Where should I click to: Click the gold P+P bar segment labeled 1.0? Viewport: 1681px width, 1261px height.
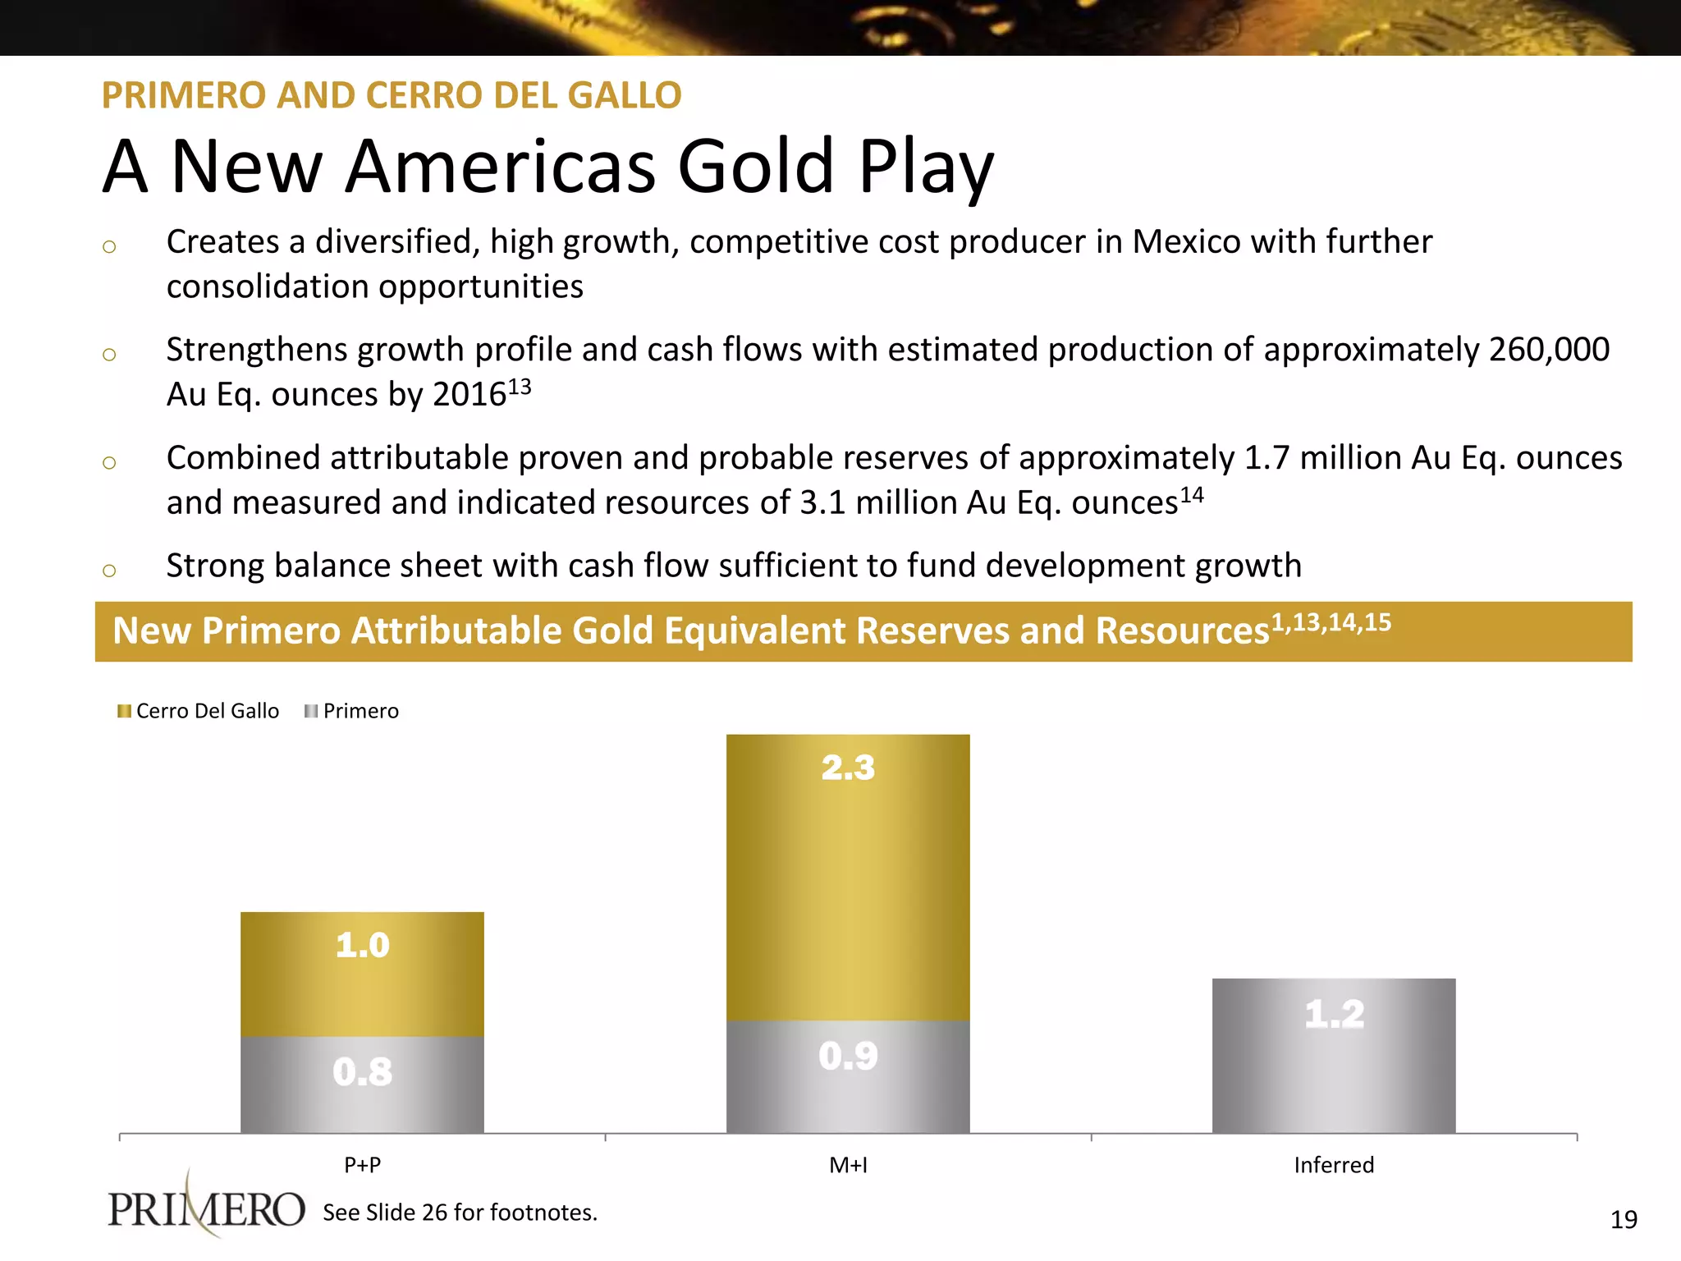pos(362,974)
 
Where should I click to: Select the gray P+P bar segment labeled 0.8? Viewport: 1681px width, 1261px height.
pos(362,1084)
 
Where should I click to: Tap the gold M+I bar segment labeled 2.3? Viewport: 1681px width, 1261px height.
pos(848,877)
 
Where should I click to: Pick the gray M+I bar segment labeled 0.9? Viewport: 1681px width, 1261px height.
pos(848,1076)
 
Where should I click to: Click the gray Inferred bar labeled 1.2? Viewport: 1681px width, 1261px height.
pos(1334,1056)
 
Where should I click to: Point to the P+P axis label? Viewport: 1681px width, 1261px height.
pos(362,1165)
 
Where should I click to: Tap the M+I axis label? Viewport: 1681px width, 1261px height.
pos(848,1165)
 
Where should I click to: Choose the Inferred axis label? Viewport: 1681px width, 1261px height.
pos(1334,1165)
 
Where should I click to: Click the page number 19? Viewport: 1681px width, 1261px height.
pos(1624,1220)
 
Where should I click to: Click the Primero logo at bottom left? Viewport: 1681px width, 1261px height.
pos(206,1208)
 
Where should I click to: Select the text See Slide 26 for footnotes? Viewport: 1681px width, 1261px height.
pos(460,1213)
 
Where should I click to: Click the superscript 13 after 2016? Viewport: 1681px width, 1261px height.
pos(520,386)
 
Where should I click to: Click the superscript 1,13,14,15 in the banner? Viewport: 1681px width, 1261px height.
pos(1331,622)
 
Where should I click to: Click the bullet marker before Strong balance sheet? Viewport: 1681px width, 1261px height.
pos(109,570)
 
